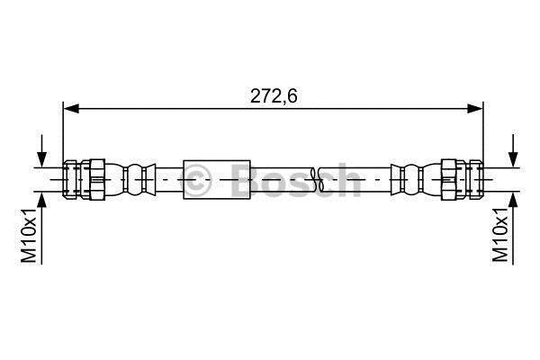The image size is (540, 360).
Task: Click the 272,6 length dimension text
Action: click(274, 96)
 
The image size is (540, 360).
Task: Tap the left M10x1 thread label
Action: click(29, 235)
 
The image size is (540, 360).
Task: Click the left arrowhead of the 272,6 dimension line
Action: click(71, 109)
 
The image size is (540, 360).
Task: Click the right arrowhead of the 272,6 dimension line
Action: click(475, 109)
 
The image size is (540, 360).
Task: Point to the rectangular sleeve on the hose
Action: click(217, 179)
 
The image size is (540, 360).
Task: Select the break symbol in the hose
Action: click(317, 179)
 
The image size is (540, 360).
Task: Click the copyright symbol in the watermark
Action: click(196, 179)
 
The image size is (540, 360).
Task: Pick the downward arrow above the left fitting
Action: click(41, 150)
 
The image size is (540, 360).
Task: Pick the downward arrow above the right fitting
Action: click(513, 150)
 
